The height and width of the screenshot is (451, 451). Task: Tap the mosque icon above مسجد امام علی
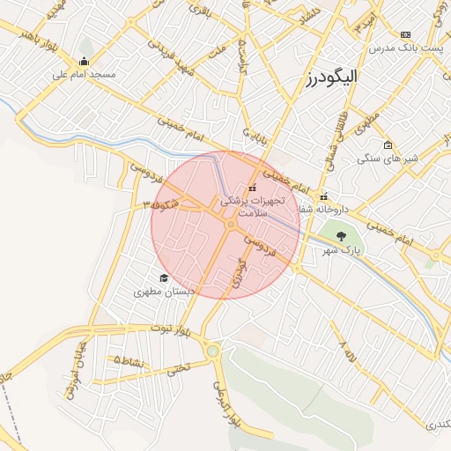click(85, 61)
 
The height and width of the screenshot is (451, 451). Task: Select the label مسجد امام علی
click(85, 75)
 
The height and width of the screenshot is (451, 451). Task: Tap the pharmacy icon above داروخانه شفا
click(324, 196)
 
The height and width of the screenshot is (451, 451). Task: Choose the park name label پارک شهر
click(341, 251)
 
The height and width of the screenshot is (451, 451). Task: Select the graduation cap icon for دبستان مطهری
click(163, 277)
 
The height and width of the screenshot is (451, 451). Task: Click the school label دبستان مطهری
click(164, 291)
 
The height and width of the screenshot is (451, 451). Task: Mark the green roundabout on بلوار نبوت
click(212, 351)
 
